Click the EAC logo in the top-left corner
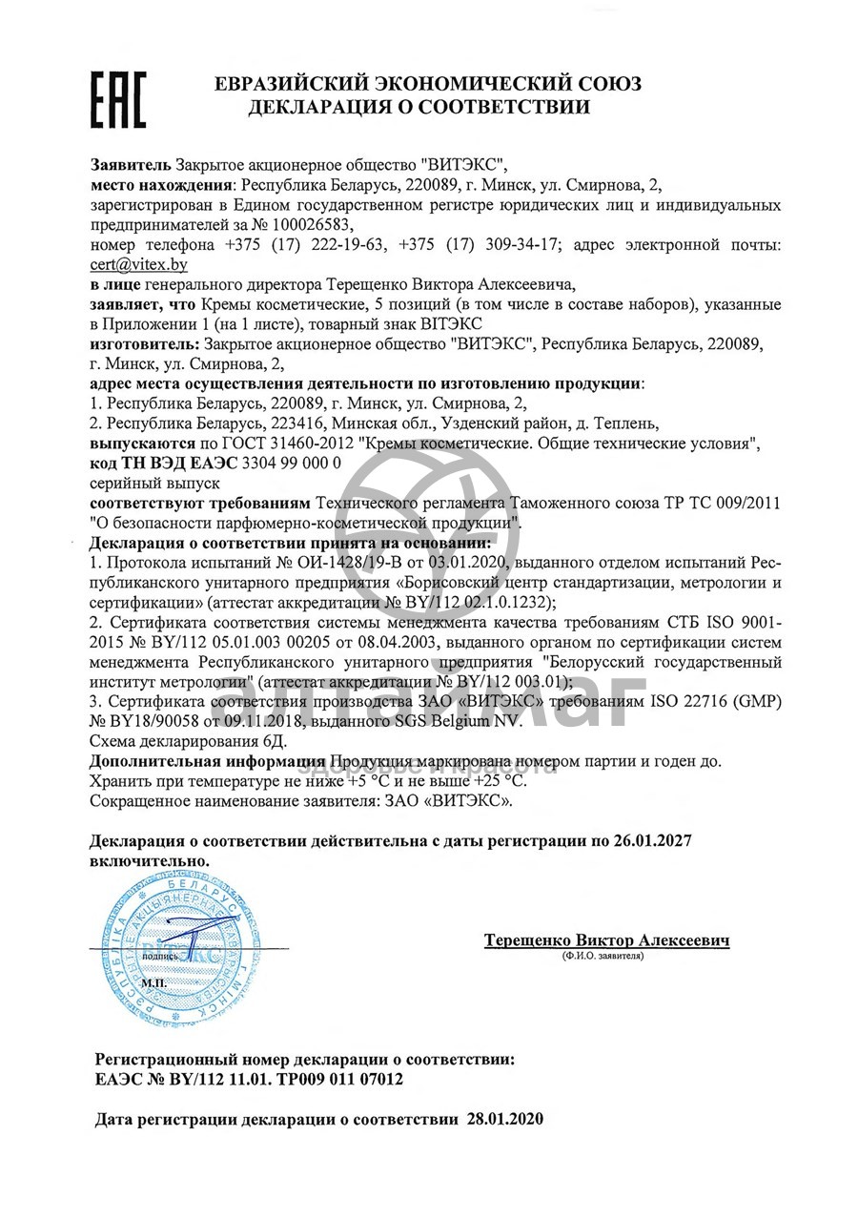click(x=117, y=98)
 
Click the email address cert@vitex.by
click(x=138, y=264)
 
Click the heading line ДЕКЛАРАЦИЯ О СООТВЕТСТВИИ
click(x=419, y=108)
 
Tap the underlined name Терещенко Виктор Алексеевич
click(x=607, y=940)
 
